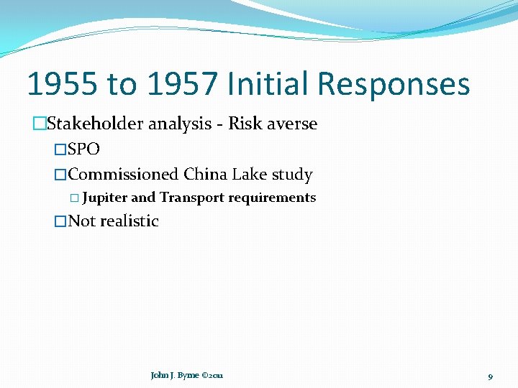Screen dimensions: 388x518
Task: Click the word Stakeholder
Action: click(x=97, y=124)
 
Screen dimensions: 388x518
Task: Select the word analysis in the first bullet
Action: click(x=185, y=124)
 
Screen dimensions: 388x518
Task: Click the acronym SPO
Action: click(x=83, y=149)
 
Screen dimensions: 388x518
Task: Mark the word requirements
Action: click(x=272, y=198)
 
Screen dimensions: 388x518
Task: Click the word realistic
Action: click(x=129, y=221)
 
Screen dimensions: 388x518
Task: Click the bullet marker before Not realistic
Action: click(x=60, y=221)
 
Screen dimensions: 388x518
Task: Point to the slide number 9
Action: click(x=490, y=376)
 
